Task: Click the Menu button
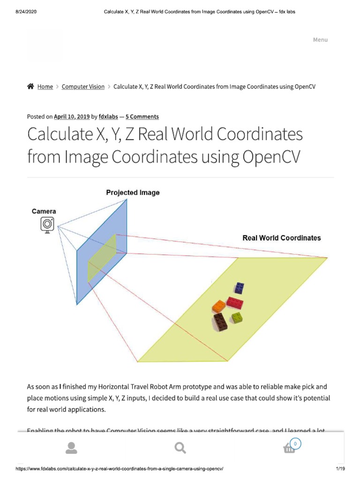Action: click(x=320, y=40)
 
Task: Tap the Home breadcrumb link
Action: click(x=45, y=87)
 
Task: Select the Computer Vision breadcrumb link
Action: click(x=83, y=87)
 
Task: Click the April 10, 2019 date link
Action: click(x=72, y=117)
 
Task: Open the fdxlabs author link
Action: click(x=108, y=117)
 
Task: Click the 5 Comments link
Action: click(x=142, y=117)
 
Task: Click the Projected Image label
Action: click(x=133, y=193)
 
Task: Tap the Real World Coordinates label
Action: click(x=281, y=238)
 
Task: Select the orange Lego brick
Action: click(x=219, y=306)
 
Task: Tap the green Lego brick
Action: click(x=236, y=317)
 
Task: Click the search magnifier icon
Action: click(x=180, y=449)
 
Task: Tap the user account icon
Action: click(x=71, y=449)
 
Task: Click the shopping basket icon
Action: click(x=290, y=449)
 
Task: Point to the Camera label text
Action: click(x=44, y=211)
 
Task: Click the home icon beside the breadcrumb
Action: click(x=30, y=86)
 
